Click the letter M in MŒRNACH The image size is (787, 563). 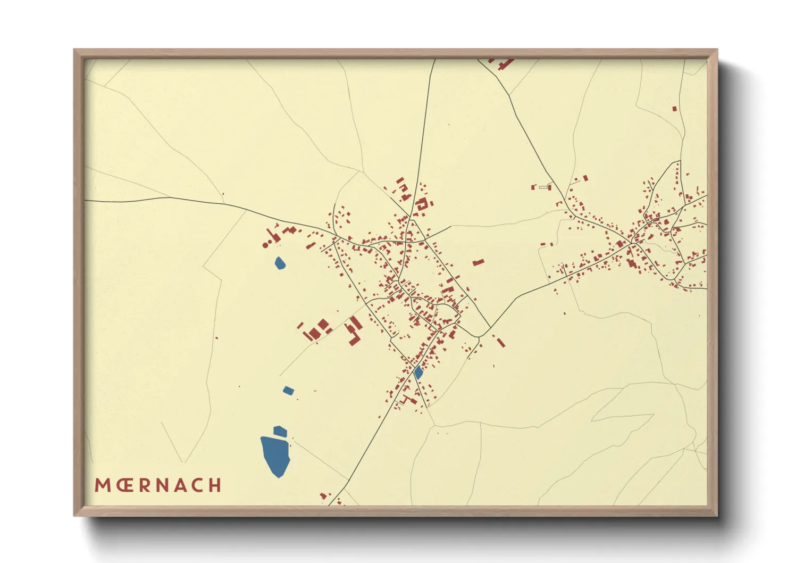click(103, 485)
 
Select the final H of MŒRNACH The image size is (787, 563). click(215, 485)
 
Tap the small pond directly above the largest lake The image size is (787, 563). click(280, 431)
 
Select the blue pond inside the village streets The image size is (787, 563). click(418, 372)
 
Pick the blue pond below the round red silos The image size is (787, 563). click(280, 263)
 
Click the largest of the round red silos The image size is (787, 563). click(265, 245)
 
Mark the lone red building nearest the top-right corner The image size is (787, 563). click(674, 109)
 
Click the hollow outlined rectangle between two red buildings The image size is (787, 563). click(543, 187)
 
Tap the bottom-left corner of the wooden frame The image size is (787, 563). click(75, 515)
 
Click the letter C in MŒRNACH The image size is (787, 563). click(197, 485)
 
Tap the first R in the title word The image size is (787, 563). click(146, 485)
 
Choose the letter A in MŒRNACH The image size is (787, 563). click(181, 485)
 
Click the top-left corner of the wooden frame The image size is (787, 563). click(75, 50)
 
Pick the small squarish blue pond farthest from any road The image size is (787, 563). click(288, 391)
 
